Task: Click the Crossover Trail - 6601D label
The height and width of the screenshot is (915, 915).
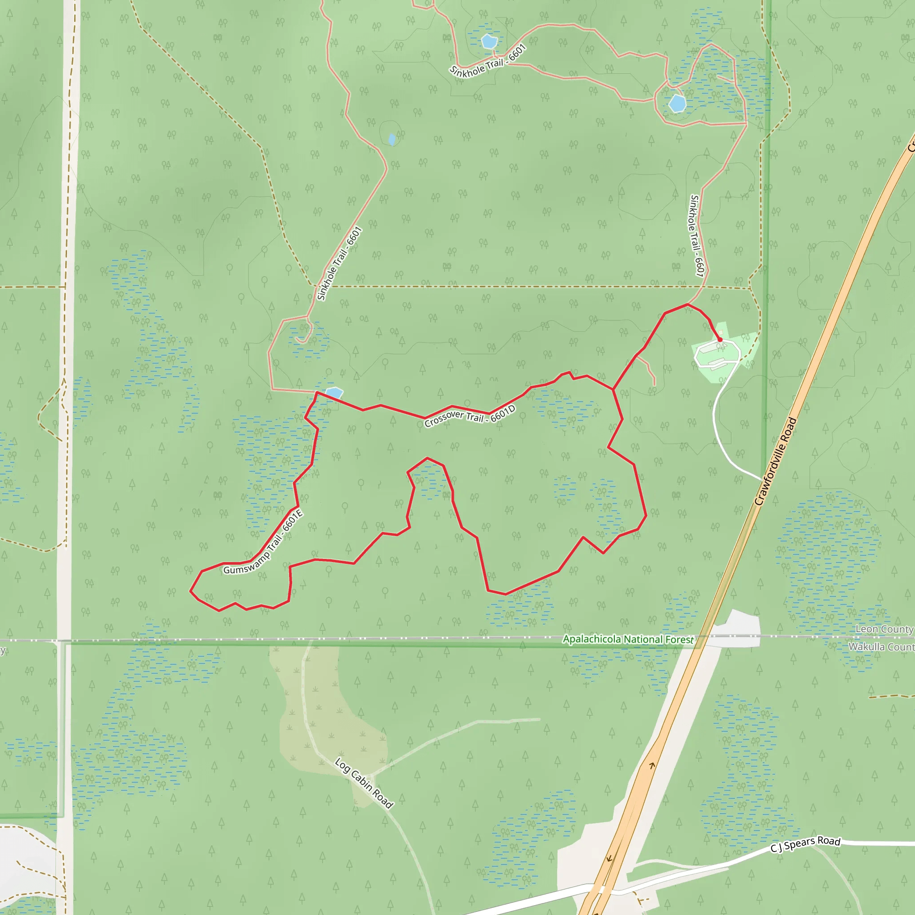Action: pos(470,416)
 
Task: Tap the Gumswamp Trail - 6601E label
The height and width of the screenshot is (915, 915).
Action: pos(263,542)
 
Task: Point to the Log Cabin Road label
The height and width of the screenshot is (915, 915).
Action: pos(364,783)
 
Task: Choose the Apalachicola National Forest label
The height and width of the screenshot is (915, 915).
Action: pos(628,639)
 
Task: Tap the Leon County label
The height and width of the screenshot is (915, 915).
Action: pos(884,629)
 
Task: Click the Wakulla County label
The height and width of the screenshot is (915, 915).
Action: pos(881,647)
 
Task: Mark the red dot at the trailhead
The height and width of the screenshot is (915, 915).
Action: pos(720,340)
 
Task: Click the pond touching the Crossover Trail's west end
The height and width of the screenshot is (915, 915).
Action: pos(334,393)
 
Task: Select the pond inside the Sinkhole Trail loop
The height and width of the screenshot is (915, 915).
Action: pos(677,103)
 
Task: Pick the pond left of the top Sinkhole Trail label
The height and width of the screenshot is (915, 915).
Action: pos(489,42)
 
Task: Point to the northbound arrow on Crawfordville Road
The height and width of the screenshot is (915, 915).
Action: pos(652,765)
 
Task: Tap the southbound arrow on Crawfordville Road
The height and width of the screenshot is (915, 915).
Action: pos(609,858)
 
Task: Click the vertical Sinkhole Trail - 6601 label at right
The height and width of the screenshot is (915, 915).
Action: pos(697,235)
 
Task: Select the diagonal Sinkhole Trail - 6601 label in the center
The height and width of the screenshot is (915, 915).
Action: pos(340,263)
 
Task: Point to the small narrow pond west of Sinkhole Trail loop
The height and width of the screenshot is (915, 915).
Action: pos(392,139)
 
